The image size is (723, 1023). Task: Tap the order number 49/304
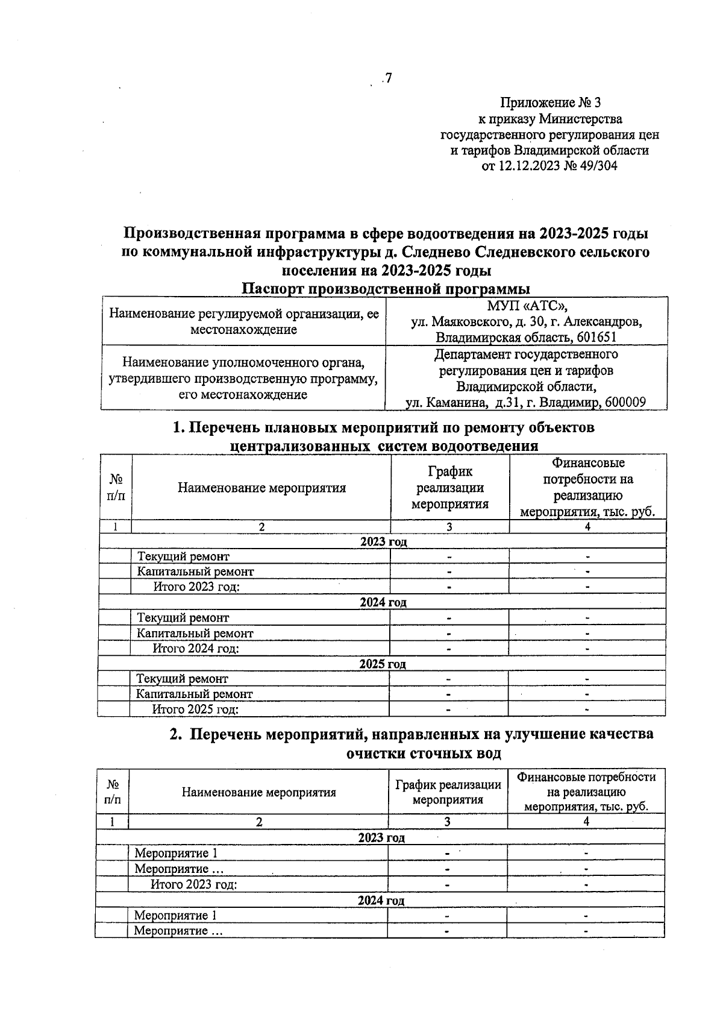click(597, 166)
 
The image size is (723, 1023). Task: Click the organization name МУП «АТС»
click(525, 306)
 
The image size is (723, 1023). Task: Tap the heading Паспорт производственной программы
click(386, 289)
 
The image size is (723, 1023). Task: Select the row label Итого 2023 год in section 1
click(196, 587)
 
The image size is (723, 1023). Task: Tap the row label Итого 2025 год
click(195, 710)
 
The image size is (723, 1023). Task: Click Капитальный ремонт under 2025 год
click(194, 694)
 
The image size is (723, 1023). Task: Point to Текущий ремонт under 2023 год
click(183, 556)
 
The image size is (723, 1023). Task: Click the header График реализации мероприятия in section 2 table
click(448, 792)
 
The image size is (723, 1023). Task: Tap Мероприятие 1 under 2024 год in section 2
click(175, 916)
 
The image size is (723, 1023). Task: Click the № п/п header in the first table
click(116, 487)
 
